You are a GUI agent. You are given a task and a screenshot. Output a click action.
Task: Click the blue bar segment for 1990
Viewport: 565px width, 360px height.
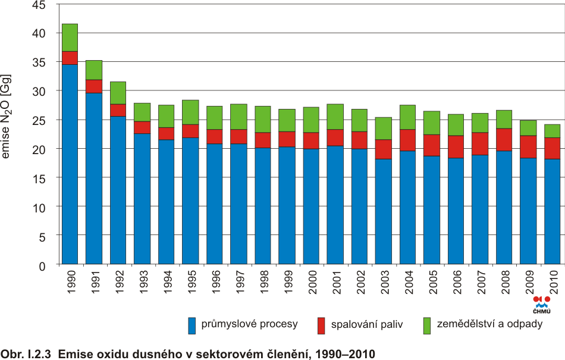(x=70, y=164)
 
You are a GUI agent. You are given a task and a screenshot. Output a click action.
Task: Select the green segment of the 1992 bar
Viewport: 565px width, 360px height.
(x=118, y=93)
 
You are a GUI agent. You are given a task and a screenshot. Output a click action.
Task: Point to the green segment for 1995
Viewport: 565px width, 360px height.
(x=190, y=112)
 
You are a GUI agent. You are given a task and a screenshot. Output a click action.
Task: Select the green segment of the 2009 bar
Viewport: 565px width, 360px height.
(x=528, y=128)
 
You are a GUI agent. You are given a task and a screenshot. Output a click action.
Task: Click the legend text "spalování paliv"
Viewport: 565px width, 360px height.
(x=367, y=325)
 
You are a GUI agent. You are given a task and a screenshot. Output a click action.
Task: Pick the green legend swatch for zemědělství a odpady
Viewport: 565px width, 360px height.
(x=426, y=325)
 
